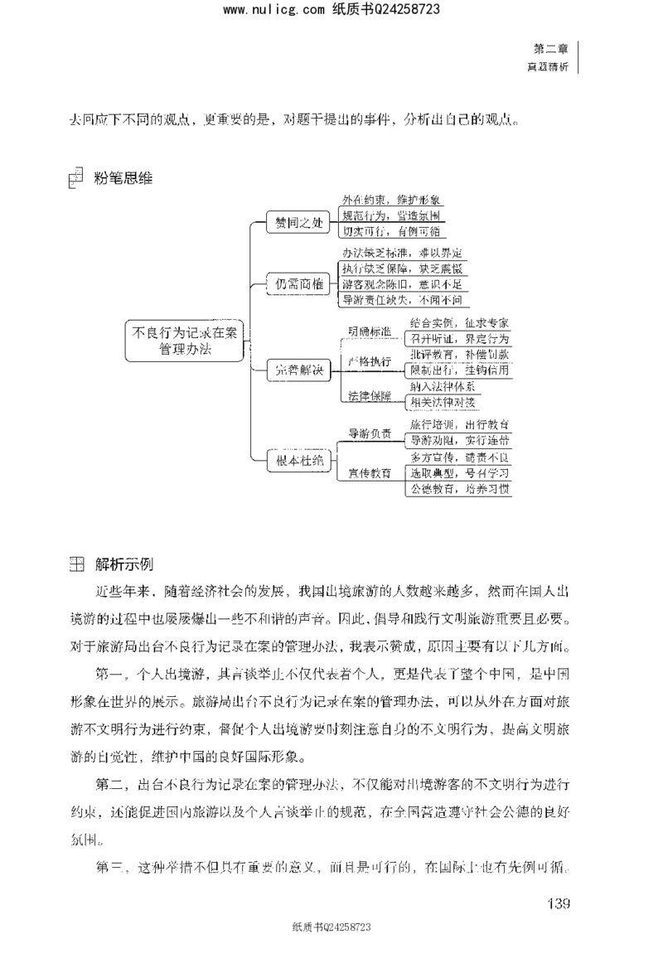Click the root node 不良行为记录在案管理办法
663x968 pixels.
[x=186, y=339]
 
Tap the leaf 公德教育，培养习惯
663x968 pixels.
[x=459, y=489]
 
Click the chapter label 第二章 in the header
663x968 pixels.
[x=551, y=49]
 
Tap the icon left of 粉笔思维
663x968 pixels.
[x=75, y=177]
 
